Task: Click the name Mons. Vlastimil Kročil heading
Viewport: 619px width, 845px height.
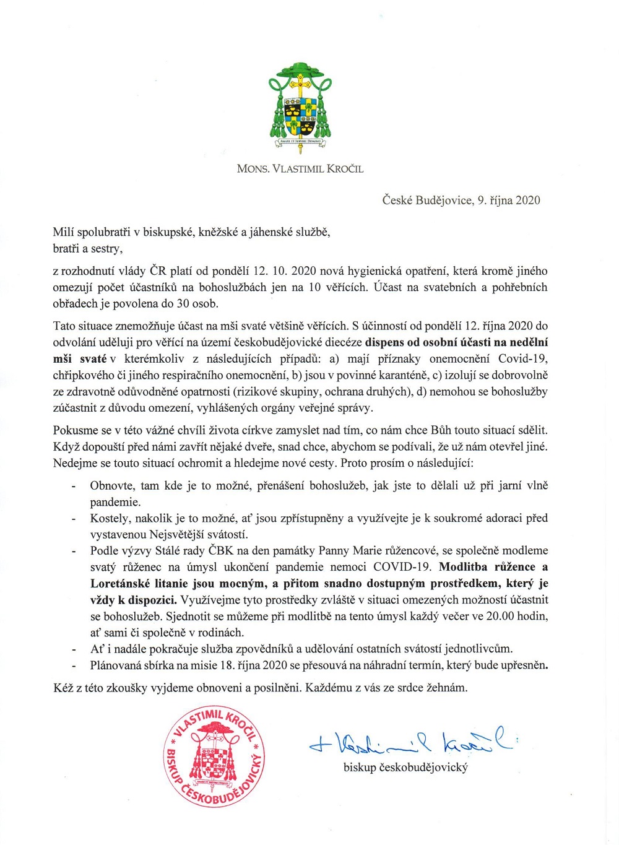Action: [300, 168]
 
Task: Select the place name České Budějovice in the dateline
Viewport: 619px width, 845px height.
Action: [426, 200]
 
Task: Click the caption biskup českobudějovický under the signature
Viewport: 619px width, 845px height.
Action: [405, 767]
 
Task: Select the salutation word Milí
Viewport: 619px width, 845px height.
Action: [63, 232]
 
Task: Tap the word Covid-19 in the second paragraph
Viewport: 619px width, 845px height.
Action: [523, 358]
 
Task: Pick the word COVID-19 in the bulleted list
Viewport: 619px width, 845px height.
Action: [403, 566]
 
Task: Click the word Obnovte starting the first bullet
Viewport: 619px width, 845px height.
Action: [112, 485]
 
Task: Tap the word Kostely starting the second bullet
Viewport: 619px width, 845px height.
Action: [110, 518]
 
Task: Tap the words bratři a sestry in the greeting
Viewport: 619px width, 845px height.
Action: [87, 248]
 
